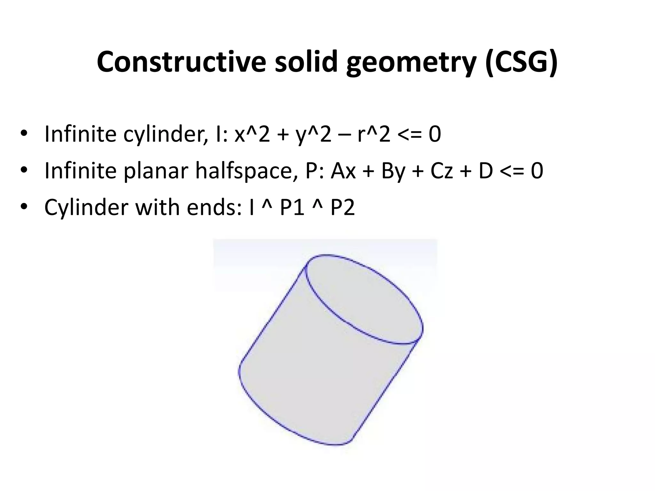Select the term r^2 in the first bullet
click(374, 134)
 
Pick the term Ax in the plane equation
click(343, 171)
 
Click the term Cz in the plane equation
click(442, 171)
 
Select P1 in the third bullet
click(292, 207)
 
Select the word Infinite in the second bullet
click(80, 171)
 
